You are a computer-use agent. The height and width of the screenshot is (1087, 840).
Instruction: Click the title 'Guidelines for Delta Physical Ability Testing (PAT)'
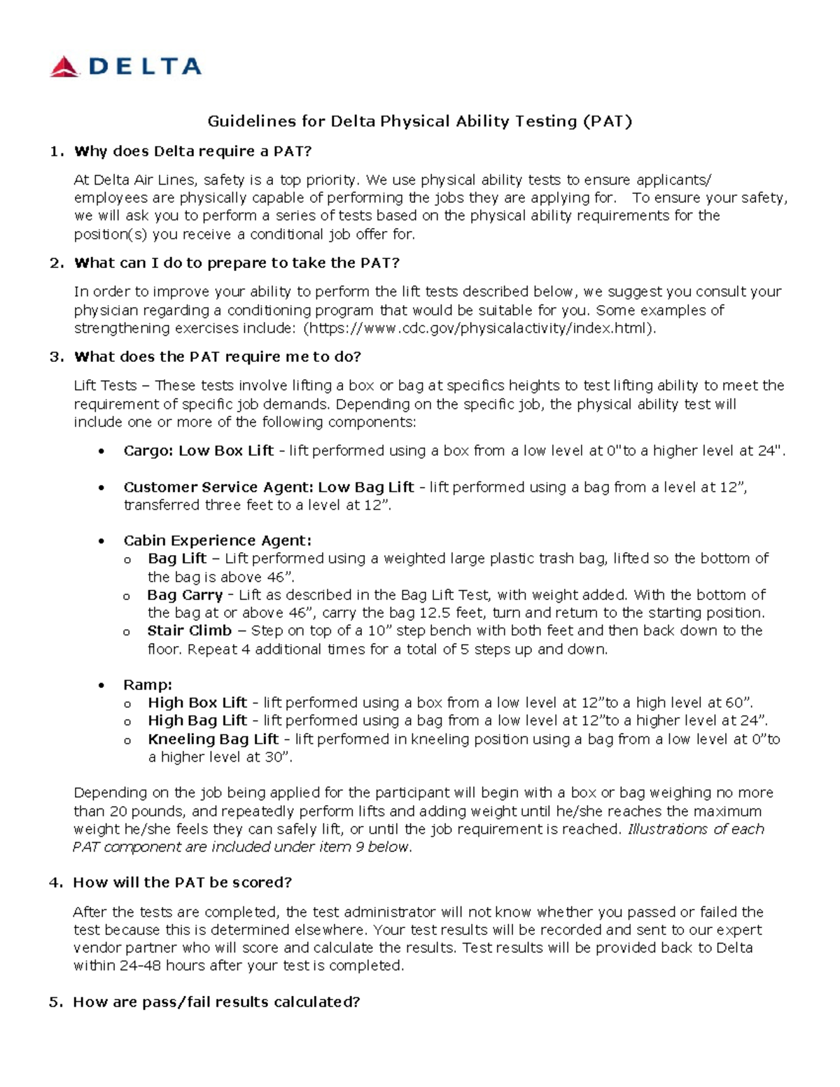coord(419,122)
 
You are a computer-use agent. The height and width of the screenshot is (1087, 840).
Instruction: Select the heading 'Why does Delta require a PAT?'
coord(192,151)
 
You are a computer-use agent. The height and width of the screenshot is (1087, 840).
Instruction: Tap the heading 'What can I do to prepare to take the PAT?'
coord(237,263)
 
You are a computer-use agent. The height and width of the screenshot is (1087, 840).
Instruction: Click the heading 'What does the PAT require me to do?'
coord(217,357)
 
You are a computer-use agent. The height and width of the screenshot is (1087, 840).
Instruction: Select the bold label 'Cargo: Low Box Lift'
coord(198,451)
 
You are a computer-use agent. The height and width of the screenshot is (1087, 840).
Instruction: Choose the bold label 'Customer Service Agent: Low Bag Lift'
coord(269,487)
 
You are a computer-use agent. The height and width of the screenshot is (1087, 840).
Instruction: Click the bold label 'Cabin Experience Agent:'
coord(217,540)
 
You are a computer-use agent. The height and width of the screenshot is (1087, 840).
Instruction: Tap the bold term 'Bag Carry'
coord(185,595)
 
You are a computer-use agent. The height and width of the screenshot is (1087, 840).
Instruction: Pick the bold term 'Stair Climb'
coord(189,631)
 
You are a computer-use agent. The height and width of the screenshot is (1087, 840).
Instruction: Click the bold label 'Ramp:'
coord(148,685)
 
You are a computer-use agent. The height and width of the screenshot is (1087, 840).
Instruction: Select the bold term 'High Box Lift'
coord(197,703)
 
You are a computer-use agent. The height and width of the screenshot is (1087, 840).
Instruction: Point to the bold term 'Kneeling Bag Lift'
coord(213,739)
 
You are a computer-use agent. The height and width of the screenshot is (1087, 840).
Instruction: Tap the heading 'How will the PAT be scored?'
coord(182,883)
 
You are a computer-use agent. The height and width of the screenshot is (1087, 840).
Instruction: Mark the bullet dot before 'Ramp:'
coord(102,685)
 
